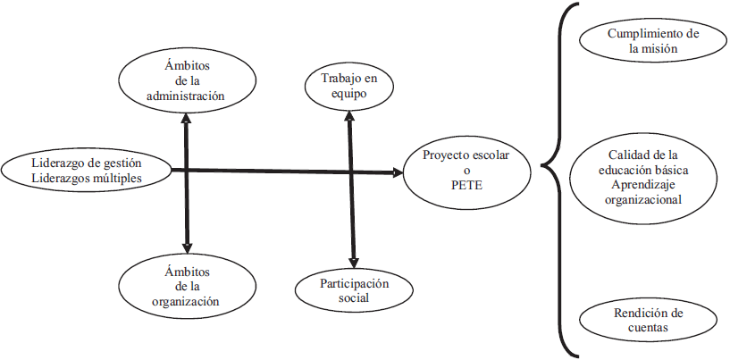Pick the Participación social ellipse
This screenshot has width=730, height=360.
click(356, 290)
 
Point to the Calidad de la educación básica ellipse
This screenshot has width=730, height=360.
click(641, 176)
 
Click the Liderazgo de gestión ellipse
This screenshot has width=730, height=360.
click(86, 169)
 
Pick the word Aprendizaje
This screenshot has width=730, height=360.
click(641, 184)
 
